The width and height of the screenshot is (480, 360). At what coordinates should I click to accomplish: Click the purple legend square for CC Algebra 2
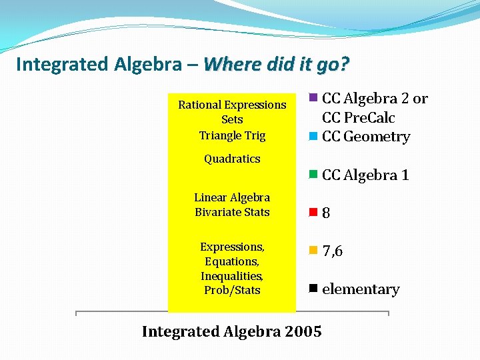click(x=313, y=98)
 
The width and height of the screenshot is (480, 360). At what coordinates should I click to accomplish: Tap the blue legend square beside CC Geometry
click(x=313, y=137)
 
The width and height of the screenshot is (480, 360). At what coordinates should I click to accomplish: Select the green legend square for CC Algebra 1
click(x=313, y=175)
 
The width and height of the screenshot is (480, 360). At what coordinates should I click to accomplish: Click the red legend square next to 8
click(x=313, y=213)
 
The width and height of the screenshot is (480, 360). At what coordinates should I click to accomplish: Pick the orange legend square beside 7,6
click(x=313, y=251)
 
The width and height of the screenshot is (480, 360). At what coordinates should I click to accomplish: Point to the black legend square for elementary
click(x=313, y=289)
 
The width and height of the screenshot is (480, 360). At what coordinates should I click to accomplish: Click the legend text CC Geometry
click(x=365, y=137)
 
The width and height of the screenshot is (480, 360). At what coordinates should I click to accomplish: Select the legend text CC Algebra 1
click(x=365, y=175)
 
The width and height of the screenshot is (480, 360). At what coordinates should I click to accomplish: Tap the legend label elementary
click(x=360, y=289)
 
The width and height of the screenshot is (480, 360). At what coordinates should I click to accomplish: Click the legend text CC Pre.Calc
click(x=358, y=118)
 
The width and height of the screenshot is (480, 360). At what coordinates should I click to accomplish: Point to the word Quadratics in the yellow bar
click(x=232, y=159)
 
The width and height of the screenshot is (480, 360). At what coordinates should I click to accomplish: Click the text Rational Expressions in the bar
click(x=232, y=105)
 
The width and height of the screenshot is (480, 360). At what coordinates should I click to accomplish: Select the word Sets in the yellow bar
click(x=232, y=120)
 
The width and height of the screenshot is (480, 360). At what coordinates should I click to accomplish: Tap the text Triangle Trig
click(x=232, y=135)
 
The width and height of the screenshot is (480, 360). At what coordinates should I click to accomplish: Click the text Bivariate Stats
click(x=232, y=212)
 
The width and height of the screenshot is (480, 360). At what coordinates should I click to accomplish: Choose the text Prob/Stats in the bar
click(x=232, y=291)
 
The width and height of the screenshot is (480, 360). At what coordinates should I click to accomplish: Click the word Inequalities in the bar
click(x=232, y=276)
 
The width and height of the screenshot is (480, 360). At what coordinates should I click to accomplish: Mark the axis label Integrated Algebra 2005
click(x=231, y=331)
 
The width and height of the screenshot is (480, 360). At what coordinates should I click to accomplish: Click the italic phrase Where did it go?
click(x=276, y=65)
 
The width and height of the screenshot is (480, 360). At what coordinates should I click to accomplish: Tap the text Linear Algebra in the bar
click(x=232, y=197)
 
